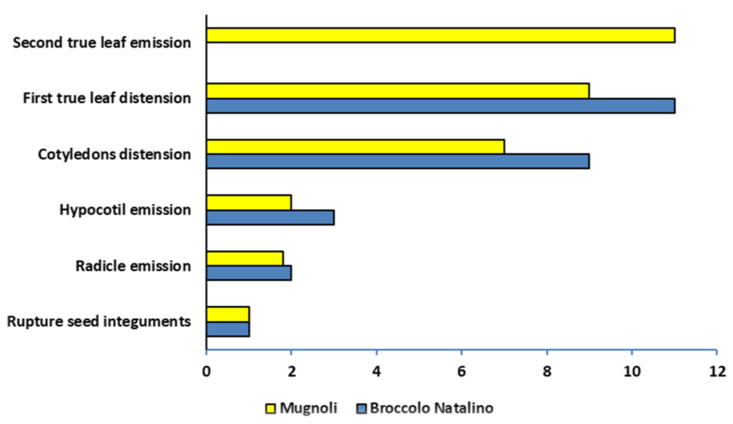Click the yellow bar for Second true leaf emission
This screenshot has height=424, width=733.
(x=440, y=35)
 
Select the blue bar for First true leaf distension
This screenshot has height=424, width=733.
(x=440, y=106)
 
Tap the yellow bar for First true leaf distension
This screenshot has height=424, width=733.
(x=398, y=91)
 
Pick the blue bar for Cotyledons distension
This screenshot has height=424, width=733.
(x=398, y=161)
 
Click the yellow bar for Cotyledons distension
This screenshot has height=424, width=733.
(x=355, y=147)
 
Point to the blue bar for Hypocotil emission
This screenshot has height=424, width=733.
(x=270, y=217)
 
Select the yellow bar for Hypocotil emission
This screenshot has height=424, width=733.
(x=249, y=202)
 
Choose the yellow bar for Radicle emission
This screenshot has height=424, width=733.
(x=245, y=259)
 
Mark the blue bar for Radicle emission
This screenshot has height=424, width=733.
(x=249, y=273)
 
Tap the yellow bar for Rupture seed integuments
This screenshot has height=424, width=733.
(x=228, y=314)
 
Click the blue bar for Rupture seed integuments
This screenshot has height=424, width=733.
(x=228, y=329)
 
